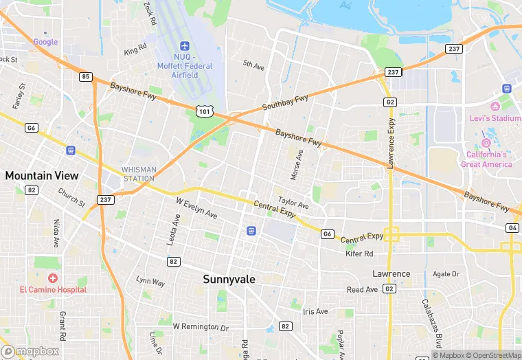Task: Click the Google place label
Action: (46, 42)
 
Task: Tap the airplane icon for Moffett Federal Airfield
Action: (183, 45)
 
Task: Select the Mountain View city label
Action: (42, 176)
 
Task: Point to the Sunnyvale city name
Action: (229, 280)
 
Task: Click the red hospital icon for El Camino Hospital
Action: (53, 278)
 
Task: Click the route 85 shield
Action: (85, 77)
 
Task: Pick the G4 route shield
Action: (512, 227)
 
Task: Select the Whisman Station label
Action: (139, 174)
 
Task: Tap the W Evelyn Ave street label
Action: (196, 209)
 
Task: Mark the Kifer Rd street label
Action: (359, 254)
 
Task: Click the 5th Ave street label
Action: (253, 66)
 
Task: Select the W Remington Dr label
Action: (200, 326)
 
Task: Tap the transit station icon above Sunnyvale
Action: (251, 230)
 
